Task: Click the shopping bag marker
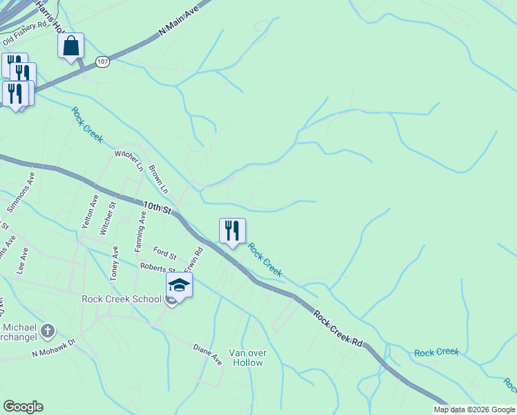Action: [70, 46]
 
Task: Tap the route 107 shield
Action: [102, 62]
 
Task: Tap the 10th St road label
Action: [158, 207]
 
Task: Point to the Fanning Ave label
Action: [140, 231]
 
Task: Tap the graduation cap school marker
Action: [179, 285]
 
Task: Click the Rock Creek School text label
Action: [122, 299]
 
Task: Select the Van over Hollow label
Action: [247, 358]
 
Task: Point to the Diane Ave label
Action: [207, 355]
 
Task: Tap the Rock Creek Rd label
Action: [338, 329]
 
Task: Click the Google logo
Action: [23, 407]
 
